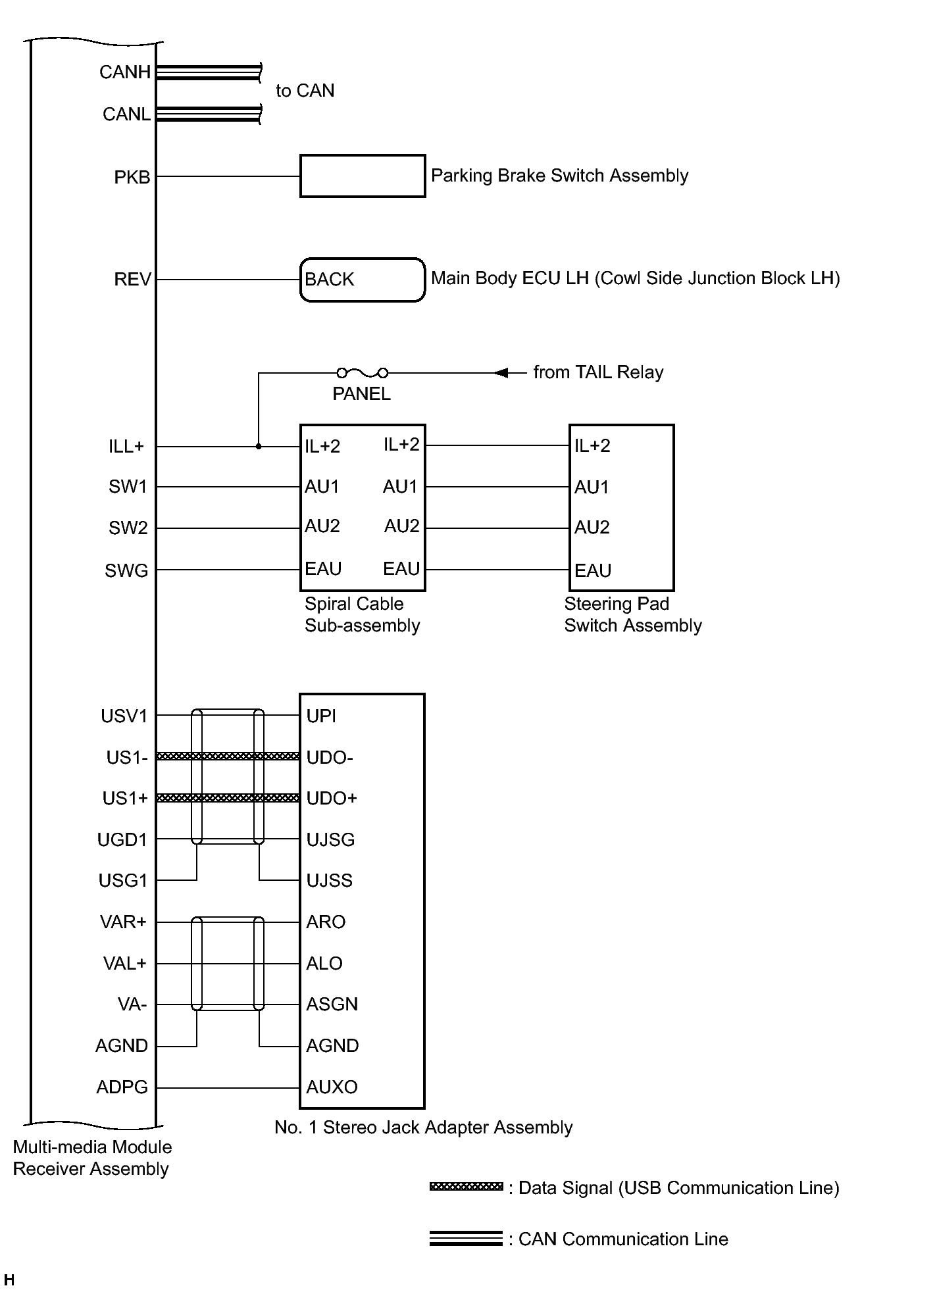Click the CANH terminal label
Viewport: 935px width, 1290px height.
click(x=125, y=72)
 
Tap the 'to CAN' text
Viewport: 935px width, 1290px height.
click(x=305, y=91)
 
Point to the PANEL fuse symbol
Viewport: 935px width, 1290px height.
click(x=362, y=373)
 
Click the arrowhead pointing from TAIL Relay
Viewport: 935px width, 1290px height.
click(x=501, y=373)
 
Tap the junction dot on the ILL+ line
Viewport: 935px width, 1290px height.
click(x=259, y=447)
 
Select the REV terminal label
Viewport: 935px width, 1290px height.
click(x=132, y=280)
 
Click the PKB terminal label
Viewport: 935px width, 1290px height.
click(x=132, y=178)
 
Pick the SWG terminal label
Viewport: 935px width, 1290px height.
click(x=126, y=571)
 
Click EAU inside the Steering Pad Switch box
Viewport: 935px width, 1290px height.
click(x=593, y=570)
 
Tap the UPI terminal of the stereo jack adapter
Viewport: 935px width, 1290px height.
click(x=321, y=716)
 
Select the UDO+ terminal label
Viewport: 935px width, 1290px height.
click(x=332, y=799)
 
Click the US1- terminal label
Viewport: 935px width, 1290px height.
click(x=127, y=758)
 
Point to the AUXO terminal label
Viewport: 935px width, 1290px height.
click(x=332, y=1087)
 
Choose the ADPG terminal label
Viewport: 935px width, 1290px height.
click(x=122, y=1087)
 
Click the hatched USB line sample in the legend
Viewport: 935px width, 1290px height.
click(x=466, y=1187)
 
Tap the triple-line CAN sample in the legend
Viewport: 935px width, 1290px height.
click(x=466, y=1238)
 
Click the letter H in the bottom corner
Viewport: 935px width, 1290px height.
click(x=9, y=1280)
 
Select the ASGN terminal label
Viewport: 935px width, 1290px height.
click(x=332, y=1005)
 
